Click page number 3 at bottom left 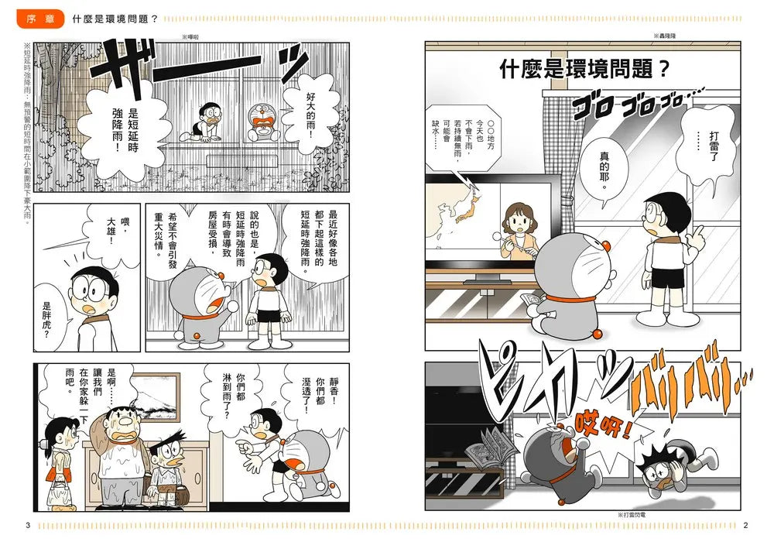click(x=28, y=526)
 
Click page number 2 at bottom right click(x=745, y=526)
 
